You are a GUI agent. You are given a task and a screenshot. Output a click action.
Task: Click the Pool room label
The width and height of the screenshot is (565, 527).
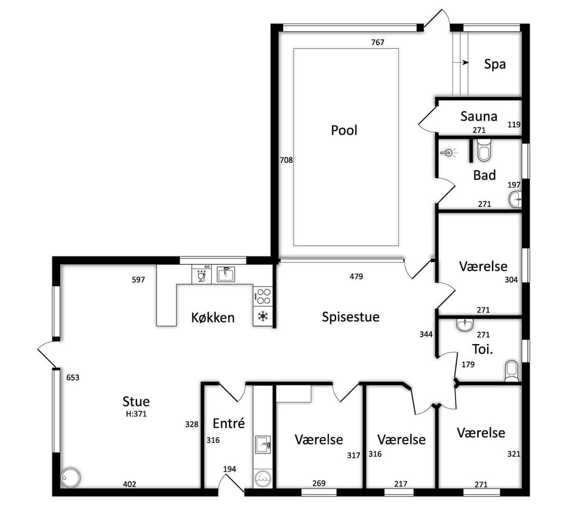point(344,130)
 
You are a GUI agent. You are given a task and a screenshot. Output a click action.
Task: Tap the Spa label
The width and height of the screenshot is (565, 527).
point(495,64)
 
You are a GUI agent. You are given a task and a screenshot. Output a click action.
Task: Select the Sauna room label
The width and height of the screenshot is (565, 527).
point(479,116)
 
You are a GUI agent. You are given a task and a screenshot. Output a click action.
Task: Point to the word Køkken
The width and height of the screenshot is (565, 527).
point(213,318)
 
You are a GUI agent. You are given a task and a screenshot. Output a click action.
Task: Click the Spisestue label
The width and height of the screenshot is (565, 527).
point(351,316)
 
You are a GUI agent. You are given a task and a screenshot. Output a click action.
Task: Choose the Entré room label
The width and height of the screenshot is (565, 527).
point(229,423)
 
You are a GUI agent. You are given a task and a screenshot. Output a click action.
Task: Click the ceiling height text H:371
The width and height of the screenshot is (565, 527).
point(136,414)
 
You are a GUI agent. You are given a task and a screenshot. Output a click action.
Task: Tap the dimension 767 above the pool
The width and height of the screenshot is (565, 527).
point(378,42)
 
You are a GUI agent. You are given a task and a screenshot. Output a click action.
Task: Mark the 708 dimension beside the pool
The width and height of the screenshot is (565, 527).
point(287,160)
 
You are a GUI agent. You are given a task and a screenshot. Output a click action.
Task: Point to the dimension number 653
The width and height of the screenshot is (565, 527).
point(73,378)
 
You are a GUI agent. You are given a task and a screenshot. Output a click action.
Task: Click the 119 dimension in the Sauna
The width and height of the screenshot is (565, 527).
point(514,124)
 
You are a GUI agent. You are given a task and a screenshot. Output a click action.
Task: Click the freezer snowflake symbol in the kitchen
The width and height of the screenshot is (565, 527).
point(263,316)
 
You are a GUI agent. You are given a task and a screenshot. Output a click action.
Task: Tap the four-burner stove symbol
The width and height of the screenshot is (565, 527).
point(263,296)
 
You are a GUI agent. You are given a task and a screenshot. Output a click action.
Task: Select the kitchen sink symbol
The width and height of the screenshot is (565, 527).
point(226,274)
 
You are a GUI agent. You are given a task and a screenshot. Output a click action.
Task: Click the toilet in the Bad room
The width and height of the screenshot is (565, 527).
point(484,151)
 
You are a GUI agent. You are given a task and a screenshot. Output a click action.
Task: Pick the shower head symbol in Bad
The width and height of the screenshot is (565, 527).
point(448,153)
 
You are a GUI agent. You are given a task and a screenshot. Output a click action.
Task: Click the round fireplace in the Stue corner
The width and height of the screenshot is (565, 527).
point(71,478)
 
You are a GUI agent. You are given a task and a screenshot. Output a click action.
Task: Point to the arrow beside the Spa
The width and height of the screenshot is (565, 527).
point(461,63)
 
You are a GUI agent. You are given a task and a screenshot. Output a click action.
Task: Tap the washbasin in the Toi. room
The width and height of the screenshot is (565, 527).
point(466,325)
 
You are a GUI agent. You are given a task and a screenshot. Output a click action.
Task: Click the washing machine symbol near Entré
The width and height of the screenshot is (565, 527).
point(262,479)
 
